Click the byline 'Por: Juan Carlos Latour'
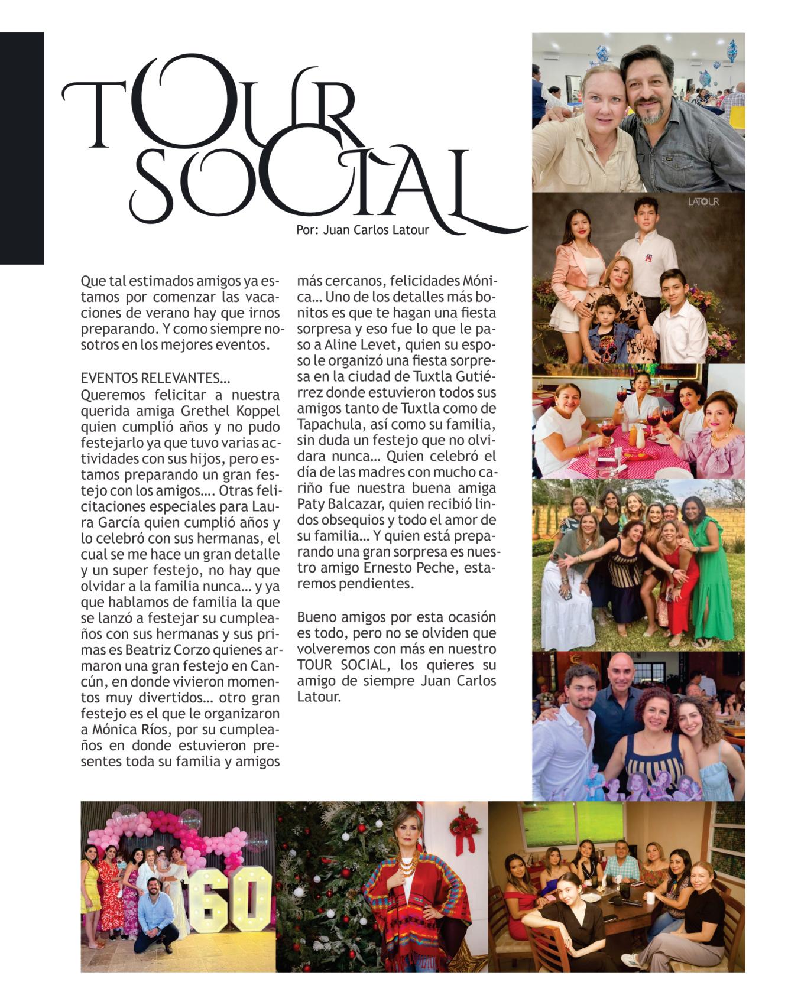(362, 230)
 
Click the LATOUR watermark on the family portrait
(703, 203)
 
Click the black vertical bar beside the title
(22, 148)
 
